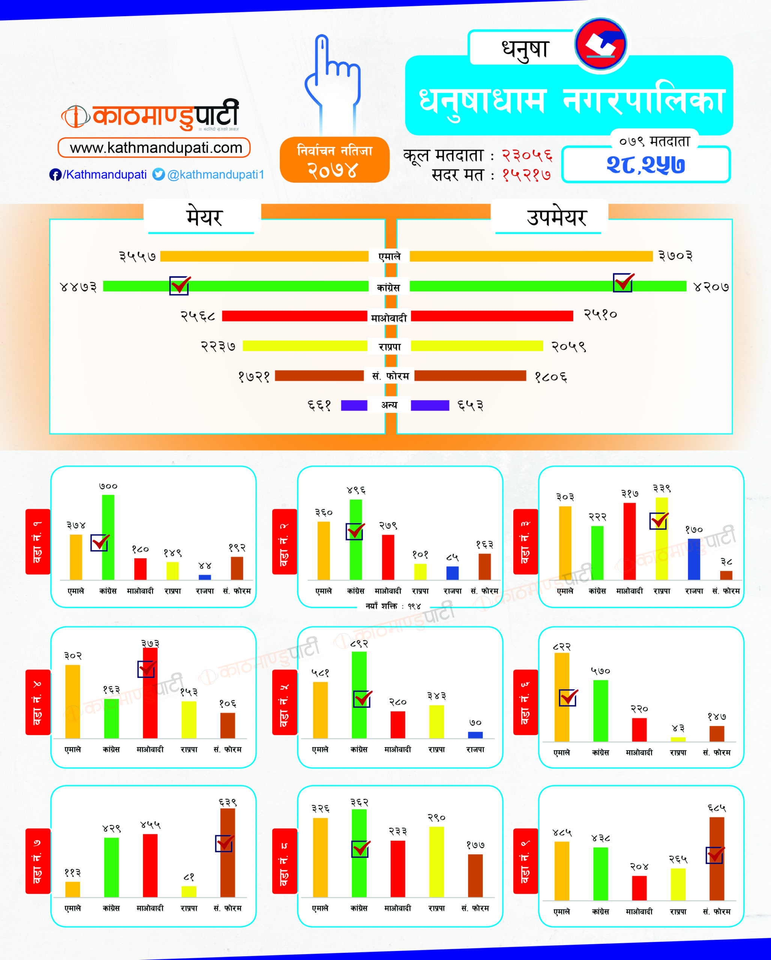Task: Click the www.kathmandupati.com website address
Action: [x=154, y=147]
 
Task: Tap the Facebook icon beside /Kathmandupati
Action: [x=55, y=174]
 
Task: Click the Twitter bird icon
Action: [x=159, y=174]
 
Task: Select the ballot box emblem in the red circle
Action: [x=600, y=45]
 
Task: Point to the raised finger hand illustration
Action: [x=333, y=82]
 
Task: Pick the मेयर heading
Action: [x=204, y=217]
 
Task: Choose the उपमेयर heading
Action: [x=556, y=217]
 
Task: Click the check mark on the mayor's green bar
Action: [x=180, y=285]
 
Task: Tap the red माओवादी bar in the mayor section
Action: [x=295, y=316]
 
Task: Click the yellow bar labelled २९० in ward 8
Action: [x=436, y=862]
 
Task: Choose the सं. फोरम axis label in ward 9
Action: [x=717, y=912]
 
